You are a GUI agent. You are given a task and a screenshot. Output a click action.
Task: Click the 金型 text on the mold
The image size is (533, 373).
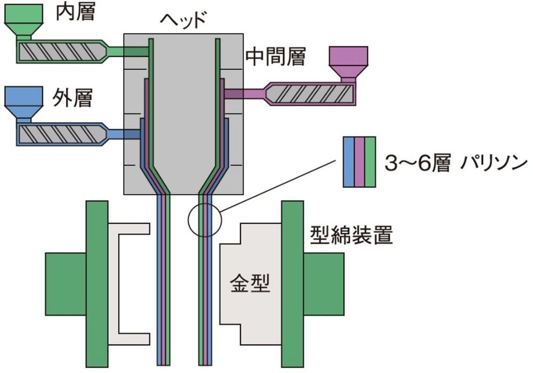pos(250,286)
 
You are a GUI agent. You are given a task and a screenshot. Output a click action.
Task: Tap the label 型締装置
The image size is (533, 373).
pos(351,234)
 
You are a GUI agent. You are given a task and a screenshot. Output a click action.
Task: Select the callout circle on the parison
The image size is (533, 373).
pos(204,220)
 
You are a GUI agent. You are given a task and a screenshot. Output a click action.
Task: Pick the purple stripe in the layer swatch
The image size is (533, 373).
pos(359,161)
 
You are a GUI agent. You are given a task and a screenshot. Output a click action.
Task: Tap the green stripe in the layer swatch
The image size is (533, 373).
pos(370,161)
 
